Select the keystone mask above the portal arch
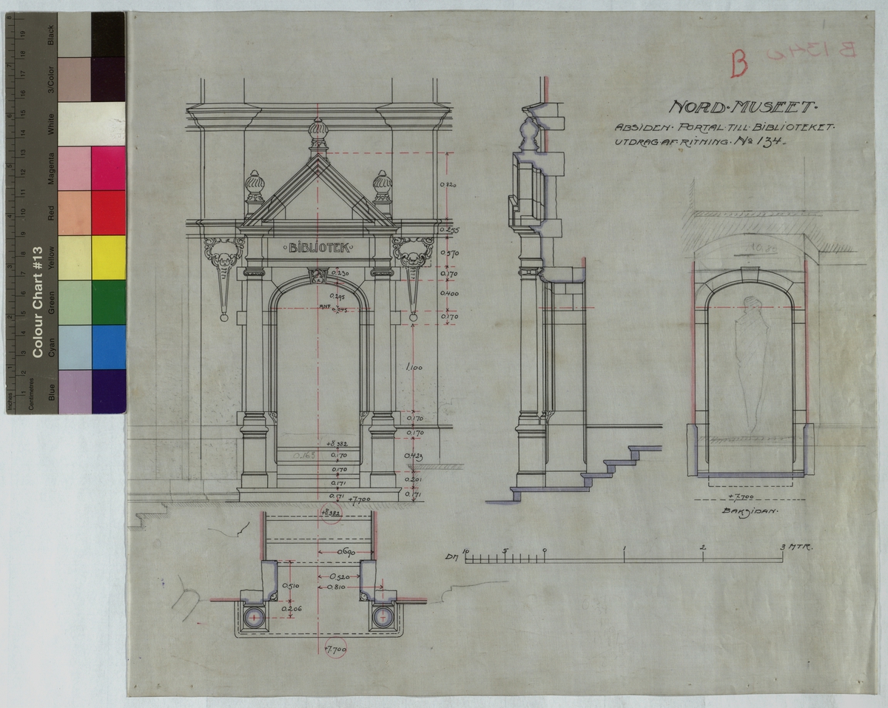point(317,277)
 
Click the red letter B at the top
point(737,64)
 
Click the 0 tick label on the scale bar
point(545,550)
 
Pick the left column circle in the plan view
point(254,616)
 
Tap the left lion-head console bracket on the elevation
point(224,257)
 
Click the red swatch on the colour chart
point(108,212)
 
